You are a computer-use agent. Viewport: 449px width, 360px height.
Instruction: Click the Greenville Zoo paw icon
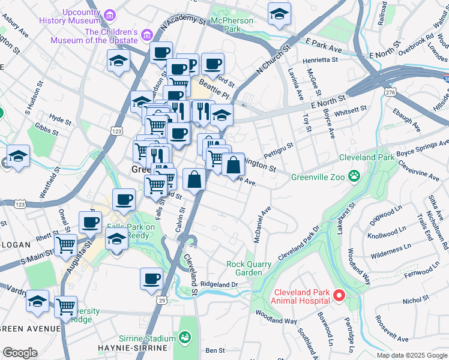(x=355, y=176)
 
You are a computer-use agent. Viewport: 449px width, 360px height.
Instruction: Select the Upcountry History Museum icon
(x=109, y=14)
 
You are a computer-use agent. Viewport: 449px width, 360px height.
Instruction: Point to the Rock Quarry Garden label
(x=244, y=268)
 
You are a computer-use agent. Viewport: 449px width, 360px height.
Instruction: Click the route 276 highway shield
(x=391, y=92)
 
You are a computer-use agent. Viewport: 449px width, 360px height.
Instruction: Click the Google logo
(x=20, y=353)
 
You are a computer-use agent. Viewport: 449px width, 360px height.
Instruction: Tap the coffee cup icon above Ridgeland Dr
(x=151, y=278)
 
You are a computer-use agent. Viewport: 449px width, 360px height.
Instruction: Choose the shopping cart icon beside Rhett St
(x=65, y=245)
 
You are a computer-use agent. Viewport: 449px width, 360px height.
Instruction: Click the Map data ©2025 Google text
(x=411, y=355)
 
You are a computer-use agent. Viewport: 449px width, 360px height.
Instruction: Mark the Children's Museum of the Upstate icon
(x=146, y=36)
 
